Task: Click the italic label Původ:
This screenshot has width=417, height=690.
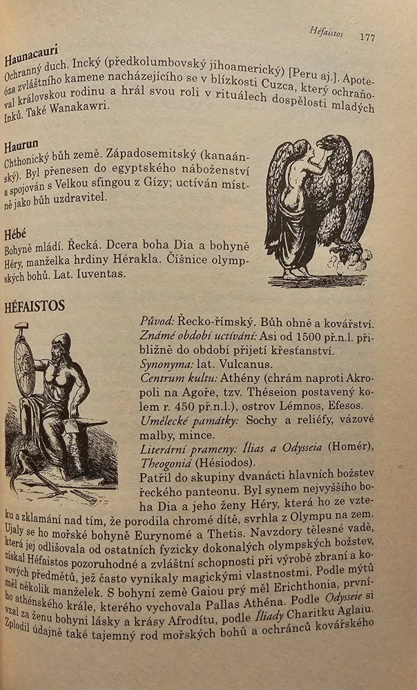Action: tap(157, 320)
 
